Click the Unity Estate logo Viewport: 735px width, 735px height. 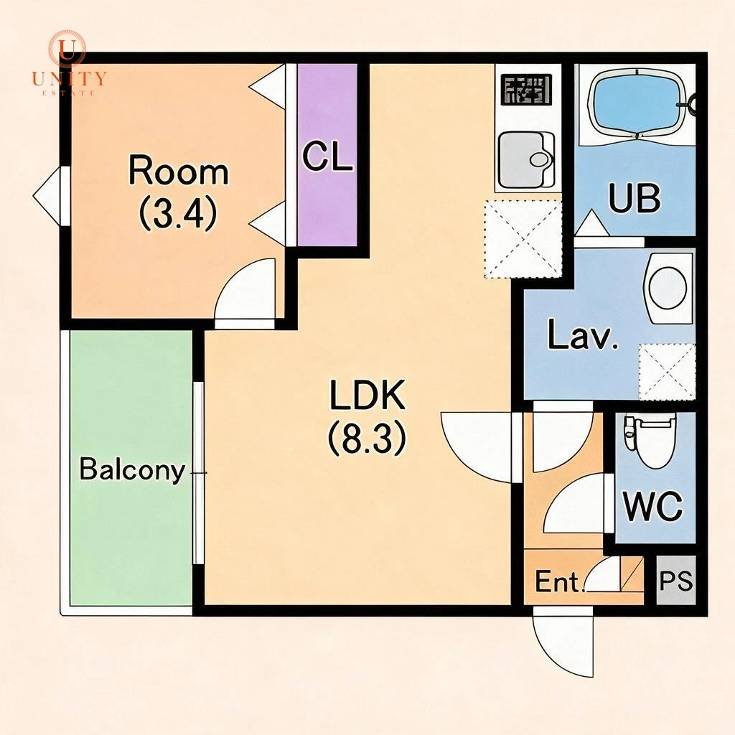click(x=69, y=63)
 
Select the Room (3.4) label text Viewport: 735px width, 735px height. click(x=179, y=193)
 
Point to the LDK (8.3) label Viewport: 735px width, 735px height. click(x=367, y=417)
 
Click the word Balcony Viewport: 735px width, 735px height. click(x=132, y=469)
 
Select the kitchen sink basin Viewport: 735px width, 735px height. click(x=526, y=159)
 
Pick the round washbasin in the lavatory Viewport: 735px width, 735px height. click(x=668, y=288)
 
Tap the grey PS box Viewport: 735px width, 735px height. click(x=675, y=580)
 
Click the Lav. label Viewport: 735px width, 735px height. click(x=583, y=334)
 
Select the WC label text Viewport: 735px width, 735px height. click(x=652, y=506)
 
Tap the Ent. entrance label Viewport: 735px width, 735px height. click(x=560, y=581)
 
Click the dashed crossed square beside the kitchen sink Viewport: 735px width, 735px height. click(x=523, y=238)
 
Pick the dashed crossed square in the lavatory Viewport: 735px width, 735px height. click(x=667, y=372)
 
